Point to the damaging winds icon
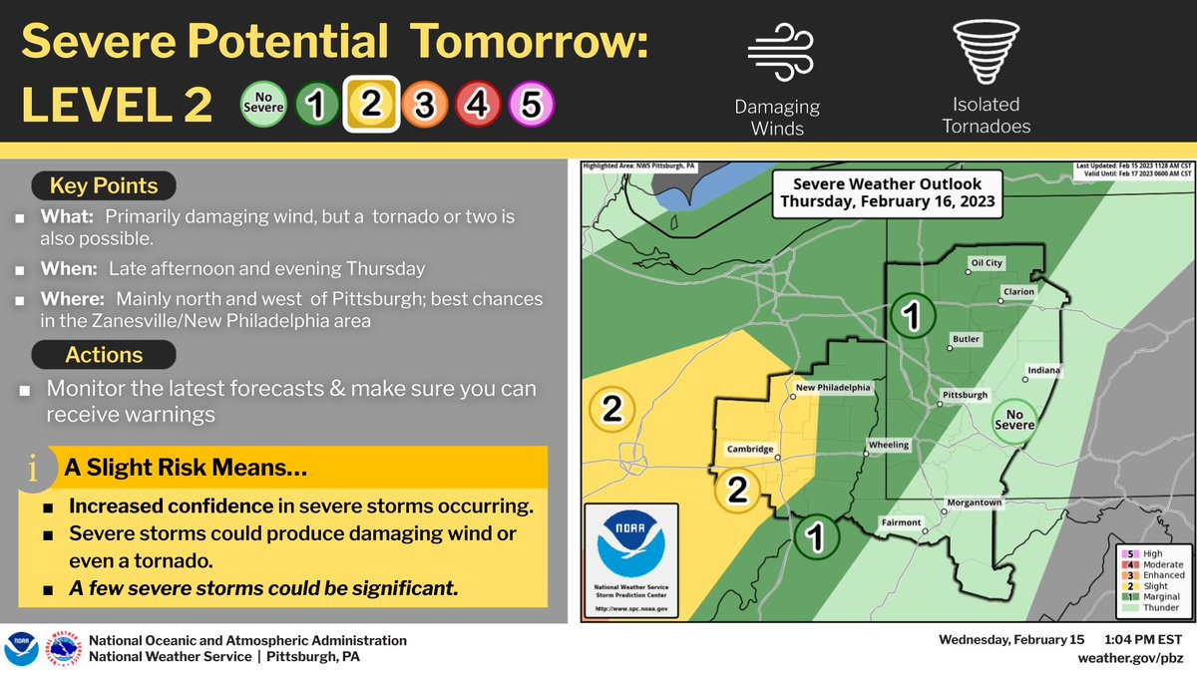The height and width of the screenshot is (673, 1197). (776, 51)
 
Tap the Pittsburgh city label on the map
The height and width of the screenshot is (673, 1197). (965, 396)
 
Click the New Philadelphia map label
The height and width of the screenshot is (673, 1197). (833, 388)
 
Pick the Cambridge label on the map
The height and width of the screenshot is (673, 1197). (750, 450)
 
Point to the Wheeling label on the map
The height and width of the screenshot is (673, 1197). (889, 445)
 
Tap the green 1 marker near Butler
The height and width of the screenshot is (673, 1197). (911, 316)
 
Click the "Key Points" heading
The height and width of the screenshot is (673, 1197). (105, 185)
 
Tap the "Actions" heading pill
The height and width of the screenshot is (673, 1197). (104, 355)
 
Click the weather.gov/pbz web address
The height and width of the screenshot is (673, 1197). (1132, 658)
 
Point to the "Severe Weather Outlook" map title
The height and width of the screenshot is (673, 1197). (887, 191)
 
